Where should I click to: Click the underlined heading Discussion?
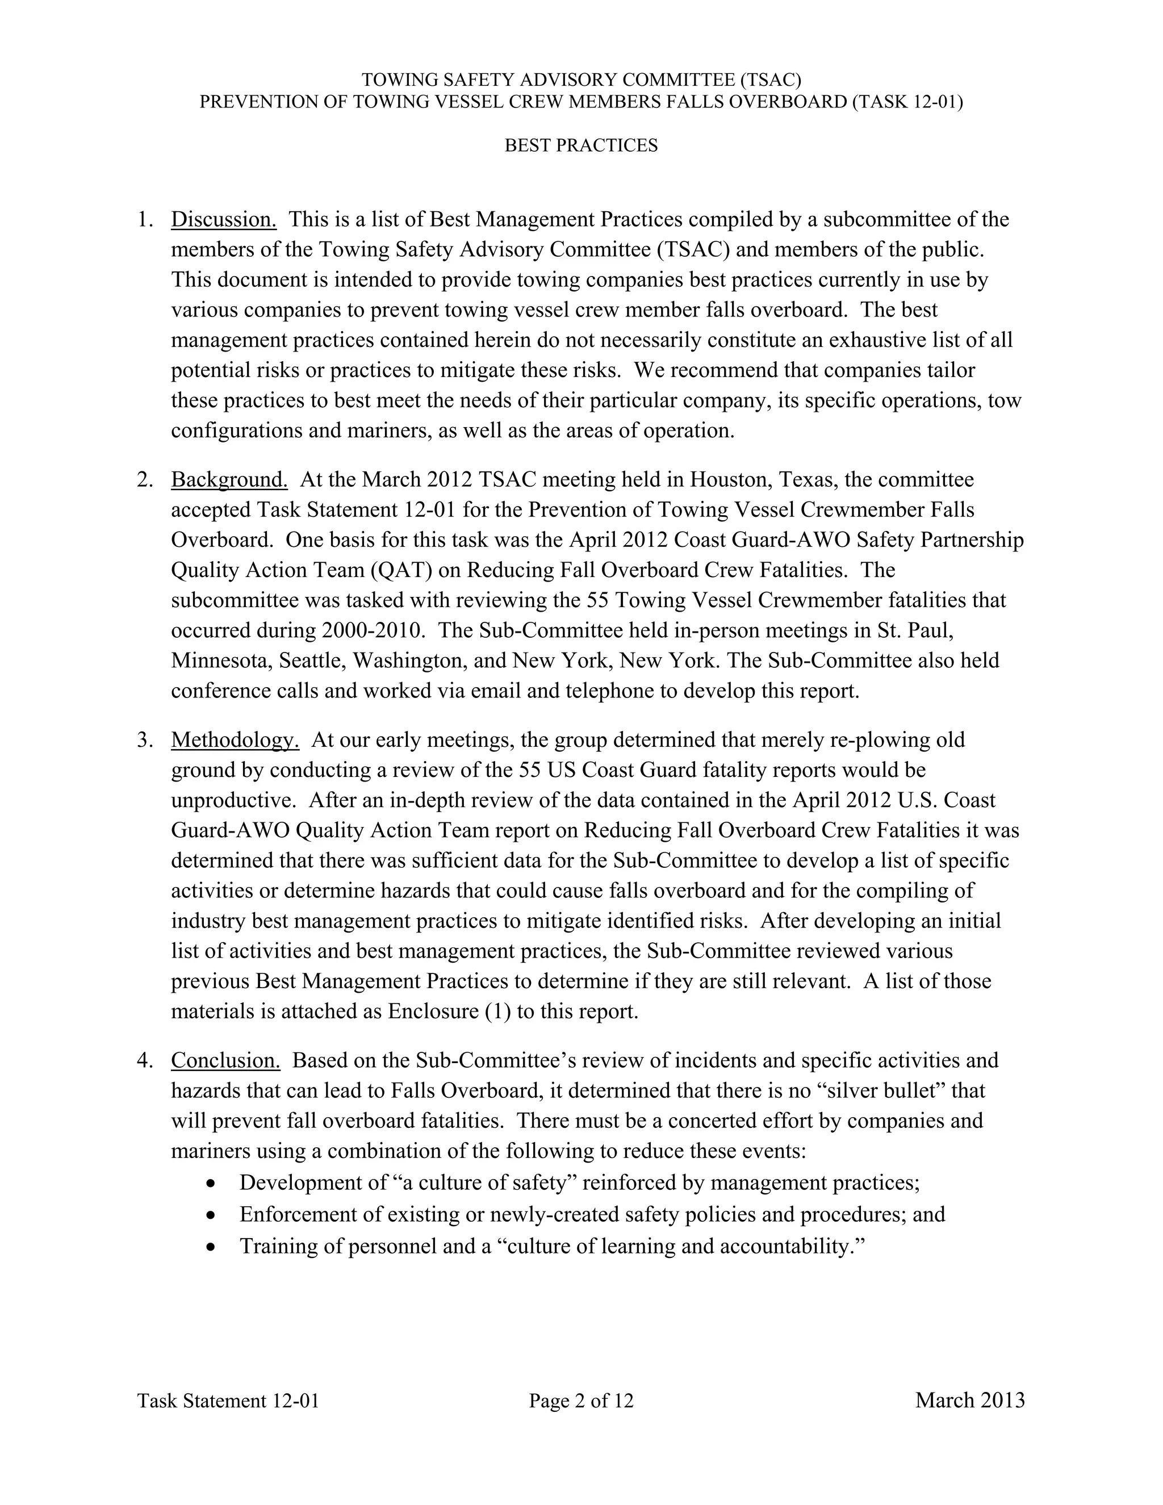(x=223, y=220)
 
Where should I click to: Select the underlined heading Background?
(x=229, y=480)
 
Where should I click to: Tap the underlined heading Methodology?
(x=235, y=740)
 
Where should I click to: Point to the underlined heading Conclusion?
(x=225, y=1060)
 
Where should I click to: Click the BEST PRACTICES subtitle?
(x=581, y=145)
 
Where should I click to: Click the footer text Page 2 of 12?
(x=581, y=1401)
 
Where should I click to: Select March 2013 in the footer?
(x=969, y=1401)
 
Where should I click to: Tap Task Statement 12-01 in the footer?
(x=228, y=1401)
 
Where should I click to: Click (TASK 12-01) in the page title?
(x=907, y=102)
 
